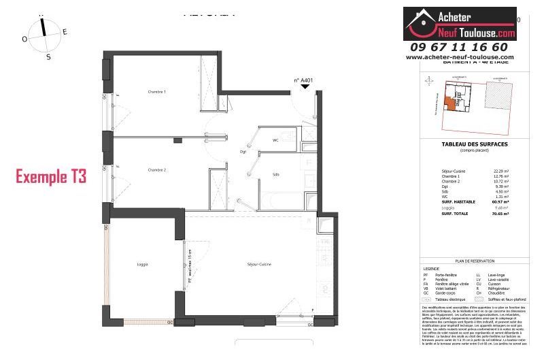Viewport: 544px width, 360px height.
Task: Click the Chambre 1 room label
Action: coord(157,92)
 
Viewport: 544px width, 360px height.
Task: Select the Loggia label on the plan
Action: coord(142,264)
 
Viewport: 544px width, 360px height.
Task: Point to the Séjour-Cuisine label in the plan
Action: coord(258,264)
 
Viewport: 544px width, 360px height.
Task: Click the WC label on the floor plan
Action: coord(276,141)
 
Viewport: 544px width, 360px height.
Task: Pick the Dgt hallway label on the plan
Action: coord(243,152)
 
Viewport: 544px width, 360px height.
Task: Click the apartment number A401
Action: coord(304,80)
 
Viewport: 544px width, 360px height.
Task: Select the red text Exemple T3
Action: coord(52,178)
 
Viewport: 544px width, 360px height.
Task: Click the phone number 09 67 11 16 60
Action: coord(459,47)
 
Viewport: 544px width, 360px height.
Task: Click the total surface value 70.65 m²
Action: coord(500,214)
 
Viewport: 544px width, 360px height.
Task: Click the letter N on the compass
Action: coord(43,15)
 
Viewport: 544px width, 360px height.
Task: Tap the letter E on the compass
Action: coord(65,31)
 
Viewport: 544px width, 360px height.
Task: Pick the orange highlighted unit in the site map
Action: coord(449,103)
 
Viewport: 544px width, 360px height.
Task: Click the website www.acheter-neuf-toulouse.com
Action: coord(460,57)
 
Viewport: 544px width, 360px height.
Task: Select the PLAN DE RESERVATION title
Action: coord(475,261)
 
